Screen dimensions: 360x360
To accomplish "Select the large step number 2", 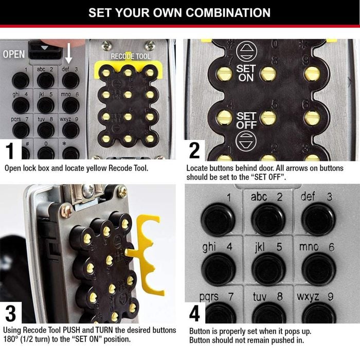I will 194,151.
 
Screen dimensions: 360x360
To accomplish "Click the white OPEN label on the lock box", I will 13,53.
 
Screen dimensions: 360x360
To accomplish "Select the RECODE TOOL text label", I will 131,56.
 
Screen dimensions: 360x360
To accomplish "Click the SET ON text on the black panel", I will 246,73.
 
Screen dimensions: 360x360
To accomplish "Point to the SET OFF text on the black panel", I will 246,120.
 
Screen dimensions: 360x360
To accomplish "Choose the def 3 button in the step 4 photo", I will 318,219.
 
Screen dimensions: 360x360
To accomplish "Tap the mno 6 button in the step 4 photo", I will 318,268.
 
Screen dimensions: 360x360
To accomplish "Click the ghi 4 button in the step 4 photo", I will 218,268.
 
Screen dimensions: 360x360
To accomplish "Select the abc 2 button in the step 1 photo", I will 45,80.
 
